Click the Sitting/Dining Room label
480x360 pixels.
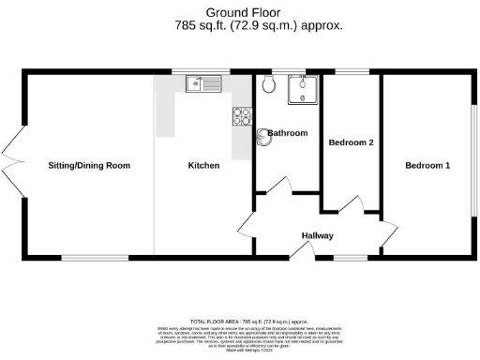pos(89,166)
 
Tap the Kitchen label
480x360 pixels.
pos(203,166)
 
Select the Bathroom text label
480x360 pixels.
pos(287,133)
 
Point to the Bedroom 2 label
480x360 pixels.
pos(352,143)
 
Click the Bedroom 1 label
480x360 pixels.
pos(427,166)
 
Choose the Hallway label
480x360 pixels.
pos(317,235)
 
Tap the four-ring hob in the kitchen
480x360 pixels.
pos(240,116)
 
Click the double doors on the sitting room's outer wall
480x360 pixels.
pos(11,166)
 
